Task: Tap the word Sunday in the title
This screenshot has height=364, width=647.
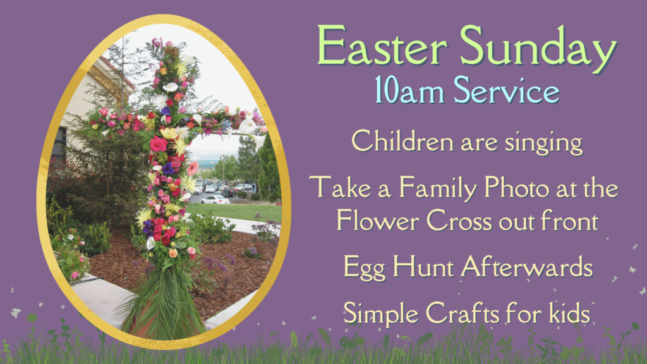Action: click(x=538, y=49)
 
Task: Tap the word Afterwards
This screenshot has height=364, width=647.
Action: click(x=527, y=267)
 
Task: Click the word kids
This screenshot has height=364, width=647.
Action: click(x=569, y=313)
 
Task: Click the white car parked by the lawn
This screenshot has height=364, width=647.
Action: click(x=215, y=200)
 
